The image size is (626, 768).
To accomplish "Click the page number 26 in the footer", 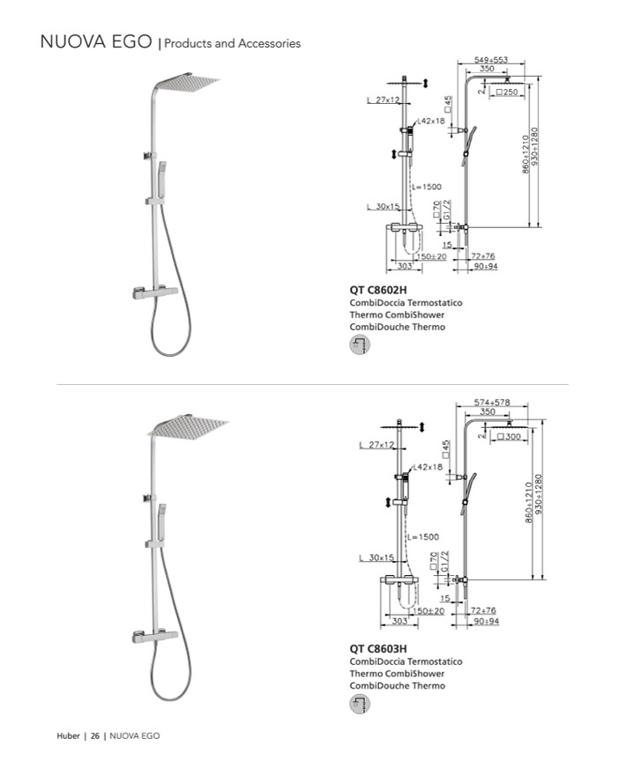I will coord(93,735).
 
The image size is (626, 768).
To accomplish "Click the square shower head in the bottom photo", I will coord(188,427).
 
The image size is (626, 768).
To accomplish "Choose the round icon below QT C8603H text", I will coord(360,704).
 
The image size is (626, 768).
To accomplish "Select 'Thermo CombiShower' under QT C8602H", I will coord(397,314).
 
